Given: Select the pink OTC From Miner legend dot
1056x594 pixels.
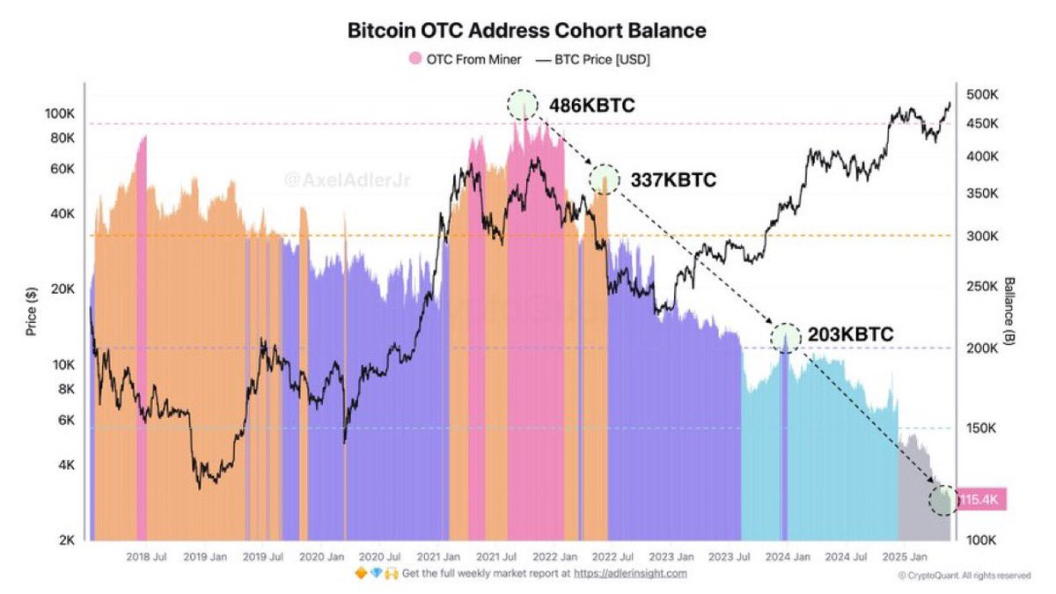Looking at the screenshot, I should click(414, 60).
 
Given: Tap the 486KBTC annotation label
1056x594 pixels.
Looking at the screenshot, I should click(591, 106).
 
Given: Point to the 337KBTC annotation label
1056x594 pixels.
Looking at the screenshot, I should click(673, 180).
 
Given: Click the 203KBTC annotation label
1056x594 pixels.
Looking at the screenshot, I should click(850, 334).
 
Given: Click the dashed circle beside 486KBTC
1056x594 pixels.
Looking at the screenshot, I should click(522, 104).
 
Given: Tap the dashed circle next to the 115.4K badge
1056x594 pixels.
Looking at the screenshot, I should click(943, 500).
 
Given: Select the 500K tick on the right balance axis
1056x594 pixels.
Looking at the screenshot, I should click(981, 94).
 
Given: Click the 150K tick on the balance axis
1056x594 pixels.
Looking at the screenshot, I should click(981, 429).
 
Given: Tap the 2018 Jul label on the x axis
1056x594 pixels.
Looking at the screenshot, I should click(147, 556).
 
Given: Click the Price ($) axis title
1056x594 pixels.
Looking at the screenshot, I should click(32, 313).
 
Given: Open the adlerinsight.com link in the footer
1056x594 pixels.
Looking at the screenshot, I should click(630, 573).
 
